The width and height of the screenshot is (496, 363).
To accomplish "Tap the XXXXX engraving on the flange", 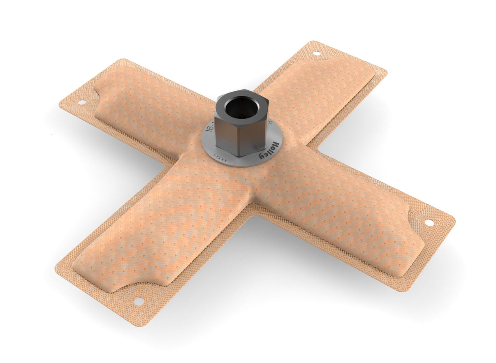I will (220, 157).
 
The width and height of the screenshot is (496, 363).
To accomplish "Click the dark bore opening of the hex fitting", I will (242, 107).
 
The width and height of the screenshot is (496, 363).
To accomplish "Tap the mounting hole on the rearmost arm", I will (316, 53).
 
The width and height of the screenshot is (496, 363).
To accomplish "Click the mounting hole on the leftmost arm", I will (81, 102).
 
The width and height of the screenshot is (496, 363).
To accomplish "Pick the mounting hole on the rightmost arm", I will (429, 223).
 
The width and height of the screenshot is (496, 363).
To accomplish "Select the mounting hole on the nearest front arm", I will (139, 301).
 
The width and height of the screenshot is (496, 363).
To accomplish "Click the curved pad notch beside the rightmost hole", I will (413, 218).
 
